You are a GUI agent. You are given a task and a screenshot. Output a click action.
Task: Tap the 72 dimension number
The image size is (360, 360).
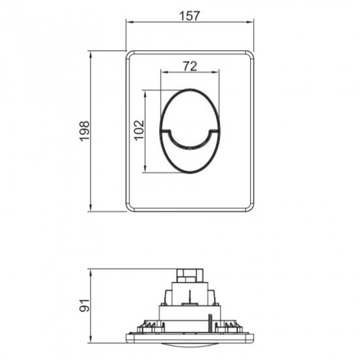point(189,66)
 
